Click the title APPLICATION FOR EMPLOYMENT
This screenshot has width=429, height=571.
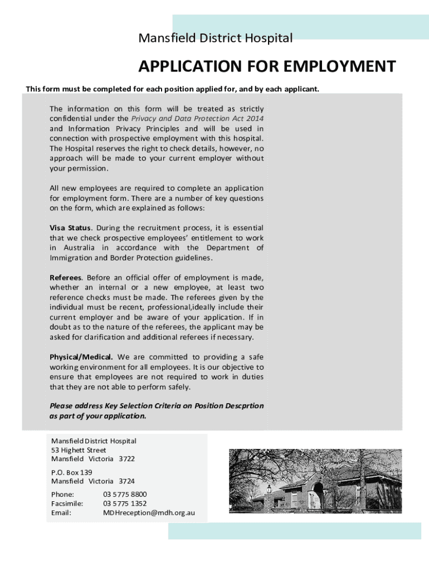pyautogui.click(x=267, y=66)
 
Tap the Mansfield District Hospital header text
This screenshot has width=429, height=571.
pyautogui.click(x=215, y=38)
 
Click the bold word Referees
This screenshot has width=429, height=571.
pyautogui.click(x=66, y=277)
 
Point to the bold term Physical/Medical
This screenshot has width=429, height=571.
pyautogui.click(x=81, y=357)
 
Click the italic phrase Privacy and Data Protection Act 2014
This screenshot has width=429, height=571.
pyautogui.click(x=197, y=119)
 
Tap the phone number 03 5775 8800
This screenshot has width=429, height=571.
pyautogui.click(x=125, y=494)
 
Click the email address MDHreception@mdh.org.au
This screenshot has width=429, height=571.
pyautogui.click(x=149, y=513)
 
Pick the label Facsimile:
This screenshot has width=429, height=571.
pyautogui.click(x=67, y=504)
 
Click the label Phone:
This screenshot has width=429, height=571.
pyautogui.click(x=62, y=494)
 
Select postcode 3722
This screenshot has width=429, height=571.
pyautogui.click(x=126, y=459)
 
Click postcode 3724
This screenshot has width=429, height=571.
pyautogui.click(x=126, y=481)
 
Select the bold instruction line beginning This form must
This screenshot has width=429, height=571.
pyautogui.click(x=173, y=89)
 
